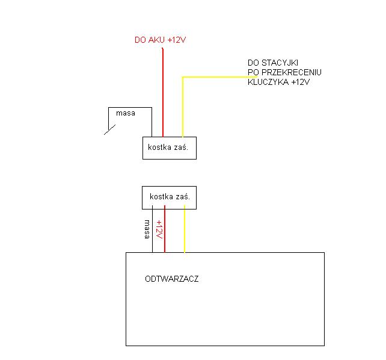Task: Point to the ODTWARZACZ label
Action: point(172,279)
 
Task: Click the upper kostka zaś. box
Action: point(170,147)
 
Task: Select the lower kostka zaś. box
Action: point(170,197)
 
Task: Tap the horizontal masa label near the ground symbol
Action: point(126,113)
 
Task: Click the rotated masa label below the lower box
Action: point(147,229)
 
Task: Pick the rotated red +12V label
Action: point(159,229)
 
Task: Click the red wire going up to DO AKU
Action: point(163,90)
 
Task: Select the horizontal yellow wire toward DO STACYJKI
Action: point(219,76)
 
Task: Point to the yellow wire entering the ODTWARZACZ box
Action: point(184,235)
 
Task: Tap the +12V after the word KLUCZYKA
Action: point(299,82)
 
